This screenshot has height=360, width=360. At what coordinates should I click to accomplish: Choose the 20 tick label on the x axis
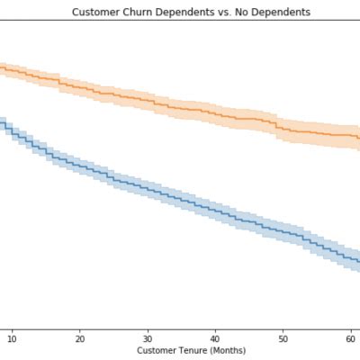coord(80,337)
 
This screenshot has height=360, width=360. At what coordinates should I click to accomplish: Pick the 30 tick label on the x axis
coord(148,337)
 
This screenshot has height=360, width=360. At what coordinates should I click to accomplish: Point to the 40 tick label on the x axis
coord(215,337)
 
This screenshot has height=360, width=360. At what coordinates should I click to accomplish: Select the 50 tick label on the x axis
coord(283,337)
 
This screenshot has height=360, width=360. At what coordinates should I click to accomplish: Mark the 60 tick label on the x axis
coord(350,337)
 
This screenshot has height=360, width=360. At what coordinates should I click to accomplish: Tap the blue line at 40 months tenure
coord(215,211)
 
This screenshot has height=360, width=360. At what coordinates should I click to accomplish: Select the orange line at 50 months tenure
coord(283,129)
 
